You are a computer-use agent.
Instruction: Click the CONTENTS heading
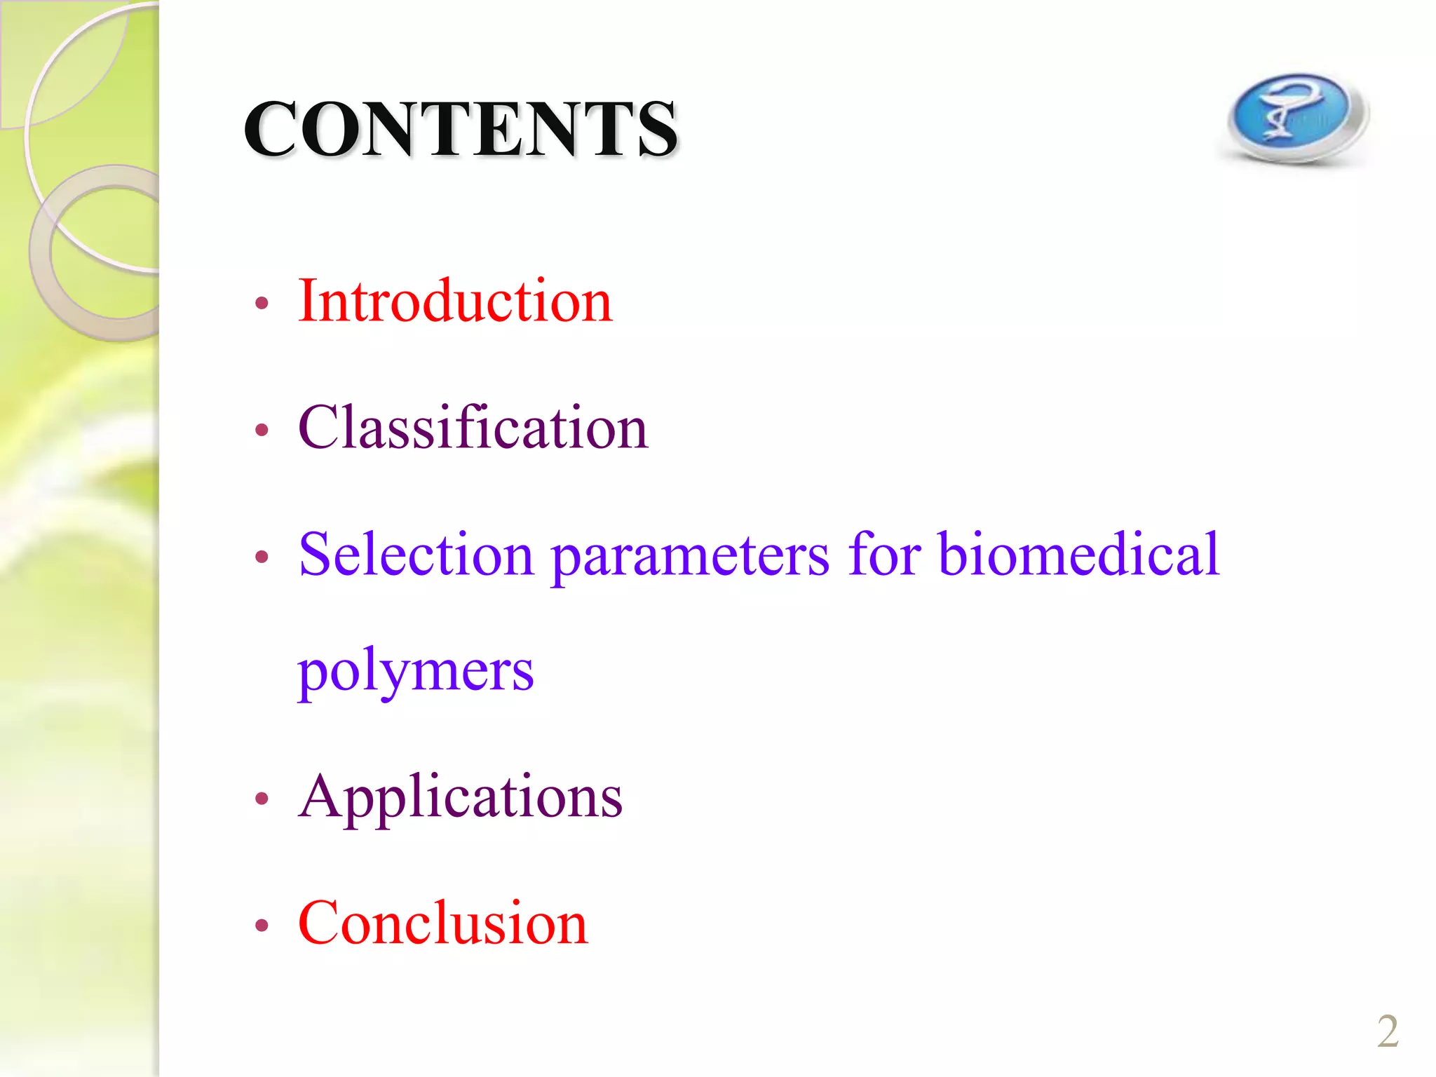click(460, 128)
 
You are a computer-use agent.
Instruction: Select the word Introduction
click(455, 301)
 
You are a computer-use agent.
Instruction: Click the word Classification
click(473, 428)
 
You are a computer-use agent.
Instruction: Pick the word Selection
click(416, 554)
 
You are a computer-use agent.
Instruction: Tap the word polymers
click(415, 672)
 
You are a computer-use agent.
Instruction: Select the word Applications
click(460, 798)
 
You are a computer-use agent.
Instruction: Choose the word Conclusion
click(442, 923)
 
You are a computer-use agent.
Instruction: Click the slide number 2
click(1388, 1031)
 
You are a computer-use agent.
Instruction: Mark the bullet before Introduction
click(262, 304)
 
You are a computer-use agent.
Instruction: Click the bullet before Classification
click(262, 430)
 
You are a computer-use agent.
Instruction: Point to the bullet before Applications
click(262, 798)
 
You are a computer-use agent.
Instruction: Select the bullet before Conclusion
click(262, 926)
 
